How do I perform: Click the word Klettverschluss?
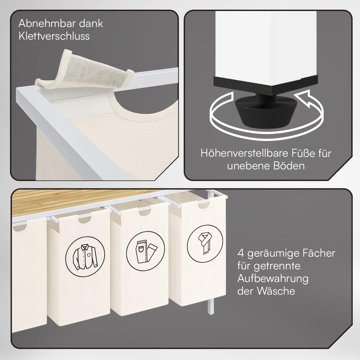click(54, 36)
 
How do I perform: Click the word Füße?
click(303, 153)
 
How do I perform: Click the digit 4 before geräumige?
click(240, 253)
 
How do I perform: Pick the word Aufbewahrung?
click(273, 279)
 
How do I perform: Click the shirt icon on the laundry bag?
click(85, 256)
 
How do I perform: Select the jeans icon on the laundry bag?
click(145, 251)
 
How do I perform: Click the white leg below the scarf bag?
click(211, 306)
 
